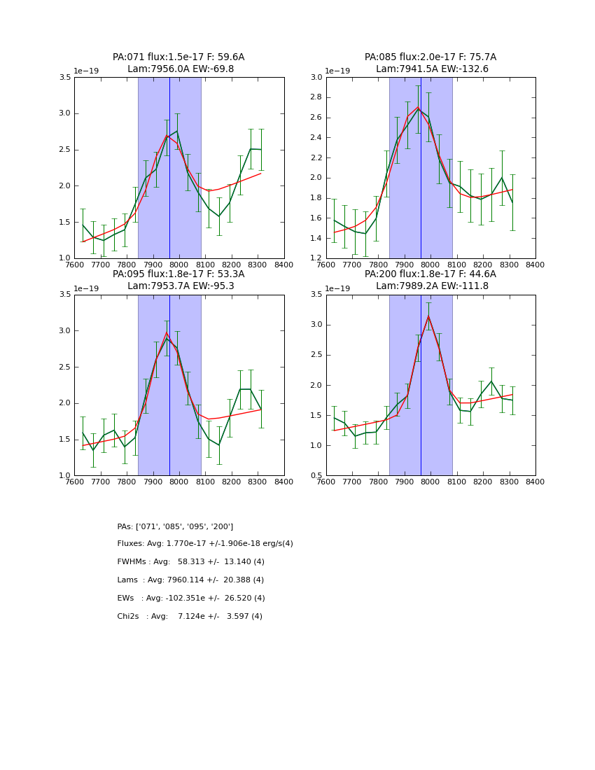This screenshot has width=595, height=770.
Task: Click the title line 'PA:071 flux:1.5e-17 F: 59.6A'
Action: (178, 57)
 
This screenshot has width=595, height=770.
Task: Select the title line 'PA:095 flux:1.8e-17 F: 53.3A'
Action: (178, 274)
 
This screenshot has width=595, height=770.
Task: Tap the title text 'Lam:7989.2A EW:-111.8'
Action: (430, 286)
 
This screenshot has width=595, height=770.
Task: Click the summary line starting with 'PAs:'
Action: (175, 526)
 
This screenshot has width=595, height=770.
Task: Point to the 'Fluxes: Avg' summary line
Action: (205, 544)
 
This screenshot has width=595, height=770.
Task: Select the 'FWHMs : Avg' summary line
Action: (190, 562)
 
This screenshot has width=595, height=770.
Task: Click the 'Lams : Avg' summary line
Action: (190, 580)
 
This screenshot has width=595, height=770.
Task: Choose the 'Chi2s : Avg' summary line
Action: (190, 617)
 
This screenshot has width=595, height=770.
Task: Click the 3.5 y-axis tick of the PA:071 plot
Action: (64, 78)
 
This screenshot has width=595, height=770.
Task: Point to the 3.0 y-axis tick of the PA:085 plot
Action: (316, 78)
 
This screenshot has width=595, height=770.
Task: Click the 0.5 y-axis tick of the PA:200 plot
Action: (316, 476)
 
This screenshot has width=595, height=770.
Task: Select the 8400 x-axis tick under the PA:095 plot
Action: (283, 482)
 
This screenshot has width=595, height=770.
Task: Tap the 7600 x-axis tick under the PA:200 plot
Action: (326, 482)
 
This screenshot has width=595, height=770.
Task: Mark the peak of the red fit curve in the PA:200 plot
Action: (428, 316)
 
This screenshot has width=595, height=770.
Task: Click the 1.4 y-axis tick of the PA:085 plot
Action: (316, 239)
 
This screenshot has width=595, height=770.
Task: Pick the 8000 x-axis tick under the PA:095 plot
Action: (179, 482)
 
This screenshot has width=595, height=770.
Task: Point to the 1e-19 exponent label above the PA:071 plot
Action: (87, 71)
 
